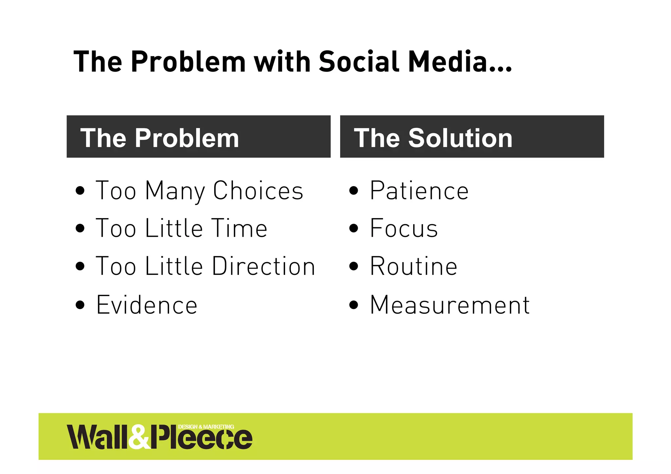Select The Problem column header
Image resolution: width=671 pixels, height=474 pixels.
160,138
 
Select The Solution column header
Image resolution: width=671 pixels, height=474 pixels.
433,138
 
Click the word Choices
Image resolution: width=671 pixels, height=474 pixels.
258,191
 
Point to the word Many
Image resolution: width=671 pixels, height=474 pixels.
175,191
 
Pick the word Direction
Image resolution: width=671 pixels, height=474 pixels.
263,266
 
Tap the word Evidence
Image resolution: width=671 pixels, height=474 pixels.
147,305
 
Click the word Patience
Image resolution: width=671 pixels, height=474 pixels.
419,191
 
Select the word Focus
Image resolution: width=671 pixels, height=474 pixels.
404,228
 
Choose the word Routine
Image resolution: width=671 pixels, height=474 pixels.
413,266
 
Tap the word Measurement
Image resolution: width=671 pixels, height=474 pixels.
450,305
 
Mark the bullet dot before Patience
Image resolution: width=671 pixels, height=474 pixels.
354,191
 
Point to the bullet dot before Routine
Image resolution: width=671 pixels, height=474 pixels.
354,266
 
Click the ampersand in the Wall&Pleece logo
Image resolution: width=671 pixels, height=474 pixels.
139,437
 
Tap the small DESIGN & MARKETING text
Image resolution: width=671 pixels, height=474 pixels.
206,427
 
